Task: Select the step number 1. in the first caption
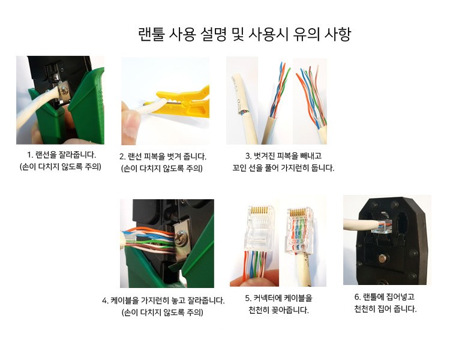tap(30, 155)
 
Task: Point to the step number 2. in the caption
tap(122, 157)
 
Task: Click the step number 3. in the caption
tap(248, 156)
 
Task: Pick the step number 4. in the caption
tap(105, 301)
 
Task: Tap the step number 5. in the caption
tap(248, 298)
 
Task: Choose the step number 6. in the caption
tap(358, 297)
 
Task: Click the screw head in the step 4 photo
tap(181, 238)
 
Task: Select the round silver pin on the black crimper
tap(382, 258)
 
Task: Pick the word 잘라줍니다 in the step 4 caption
tap(206, 301)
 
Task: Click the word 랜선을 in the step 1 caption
tap(46, 155)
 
